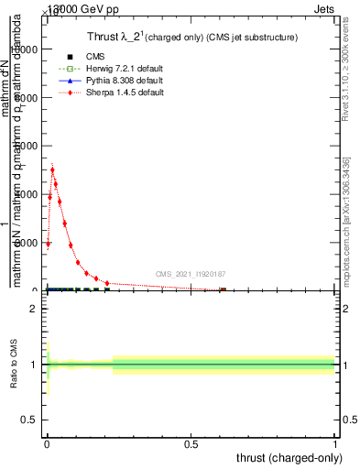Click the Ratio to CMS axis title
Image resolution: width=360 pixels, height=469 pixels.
tap(15, 365)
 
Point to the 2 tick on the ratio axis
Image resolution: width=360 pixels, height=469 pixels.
tap(33, 309)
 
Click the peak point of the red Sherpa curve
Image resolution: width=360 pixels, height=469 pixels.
tap(52, 169)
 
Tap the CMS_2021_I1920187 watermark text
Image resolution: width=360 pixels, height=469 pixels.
tap(191, 274)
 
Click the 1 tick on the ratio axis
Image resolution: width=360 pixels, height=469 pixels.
tap(33, 365)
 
